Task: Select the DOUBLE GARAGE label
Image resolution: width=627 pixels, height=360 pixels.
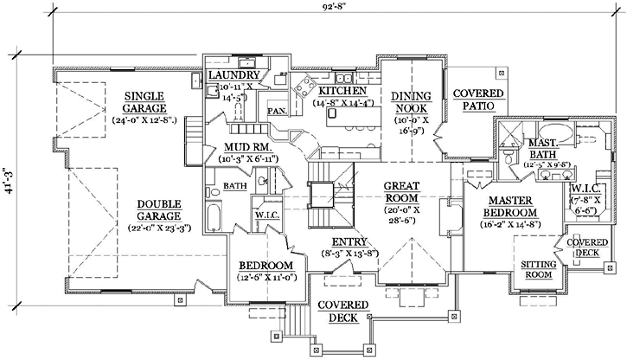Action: tap(157, 210)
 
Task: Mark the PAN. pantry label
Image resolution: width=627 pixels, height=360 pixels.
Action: tap(277, 112)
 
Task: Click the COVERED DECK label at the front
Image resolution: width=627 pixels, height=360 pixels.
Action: tap(342, 312)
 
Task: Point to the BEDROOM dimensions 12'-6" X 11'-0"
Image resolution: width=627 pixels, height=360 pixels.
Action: tap(266, 278)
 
